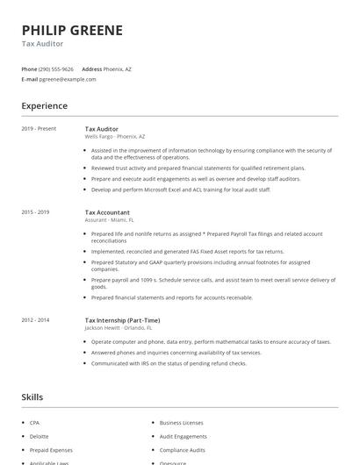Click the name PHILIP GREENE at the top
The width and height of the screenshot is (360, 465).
tap(72, 30)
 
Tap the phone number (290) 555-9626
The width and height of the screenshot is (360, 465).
tap(57, 68)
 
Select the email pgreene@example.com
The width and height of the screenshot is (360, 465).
tap(68, 79)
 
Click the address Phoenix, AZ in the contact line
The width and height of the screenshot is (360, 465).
tap(118, 68)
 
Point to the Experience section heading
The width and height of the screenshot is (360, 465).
tap(44, 106)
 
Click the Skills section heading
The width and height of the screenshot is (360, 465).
tap(32, 397)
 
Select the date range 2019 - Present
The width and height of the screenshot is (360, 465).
tap(39, 129)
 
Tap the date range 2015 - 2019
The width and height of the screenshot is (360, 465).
tap(35, 212)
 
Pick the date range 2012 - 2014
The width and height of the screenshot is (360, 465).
tap(35, 320)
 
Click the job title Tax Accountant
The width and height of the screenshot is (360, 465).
tap(107, 212)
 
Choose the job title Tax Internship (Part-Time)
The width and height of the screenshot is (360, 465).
tap(122, 320)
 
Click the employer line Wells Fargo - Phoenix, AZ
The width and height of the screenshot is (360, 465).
tap(115, 137)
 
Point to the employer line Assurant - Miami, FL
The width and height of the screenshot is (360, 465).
tap(109, 220)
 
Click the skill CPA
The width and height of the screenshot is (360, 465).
tap(36, 422)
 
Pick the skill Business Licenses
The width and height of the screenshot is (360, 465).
tap(182, 422)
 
